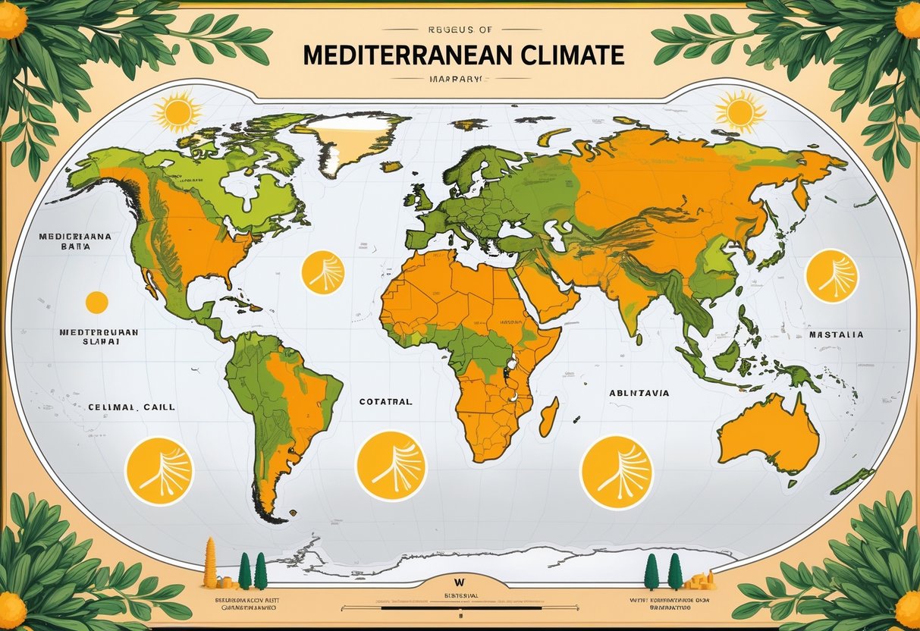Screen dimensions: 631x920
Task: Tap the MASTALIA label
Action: (836, 334)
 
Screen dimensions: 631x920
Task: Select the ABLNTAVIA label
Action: (639, 393)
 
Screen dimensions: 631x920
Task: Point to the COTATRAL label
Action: (385, 402)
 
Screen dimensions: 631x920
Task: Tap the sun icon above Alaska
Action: (177, 112)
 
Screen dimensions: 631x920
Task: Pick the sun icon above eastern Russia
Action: (739, 111)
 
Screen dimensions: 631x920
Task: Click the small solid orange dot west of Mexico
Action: (96, 302)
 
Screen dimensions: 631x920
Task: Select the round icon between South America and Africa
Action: (391, 466)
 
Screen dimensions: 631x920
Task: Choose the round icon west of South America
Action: (159, 471)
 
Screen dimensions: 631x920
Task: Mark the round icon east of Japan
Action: (831, 276)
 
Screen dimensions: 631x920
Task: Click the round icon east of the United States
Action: (323, 273)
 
